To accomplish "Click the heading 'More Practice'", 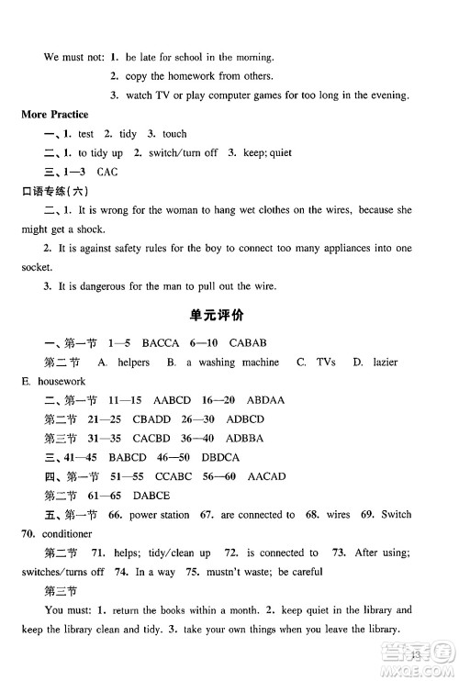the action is tap(55, 115).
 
